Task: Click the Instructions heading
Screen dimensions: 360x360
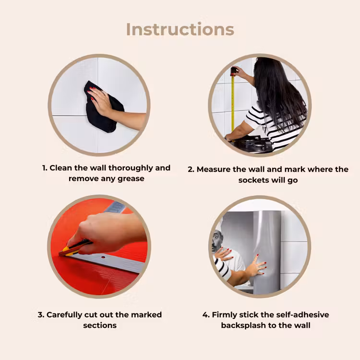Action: pyautogui.click(x=180, y=30)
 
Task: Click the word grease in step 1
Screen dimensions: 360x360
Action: pyautogui.click(x=131, y=179)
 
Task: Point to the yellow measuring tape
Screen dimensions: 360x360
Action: pyautogui.click(x=233, y=103)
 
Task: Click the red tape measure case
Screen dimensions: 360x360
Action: pyautogui.click(x=233, y=71)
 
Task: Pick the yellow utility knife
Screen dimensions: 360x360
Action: pyautogui.click(x=74, y=249)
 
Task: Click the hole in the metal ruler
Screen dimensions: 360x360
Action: pyautogui.click(x=103, y=257)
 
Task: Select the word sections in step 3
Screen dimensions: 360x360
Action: pyautogui.click(x=100, y=325)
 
